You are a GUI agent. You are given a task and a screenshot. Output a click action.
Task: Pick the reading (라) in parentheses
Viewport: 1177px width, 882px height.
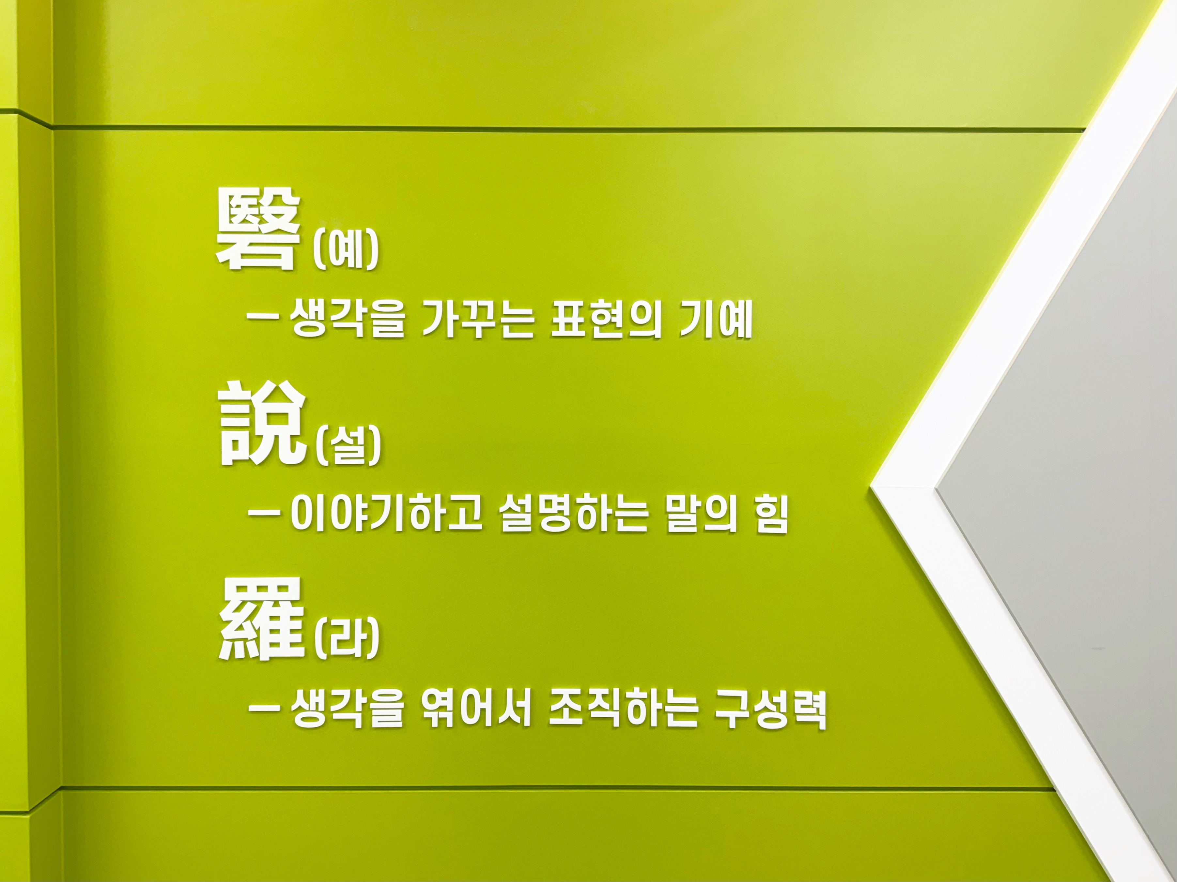click(347, 638)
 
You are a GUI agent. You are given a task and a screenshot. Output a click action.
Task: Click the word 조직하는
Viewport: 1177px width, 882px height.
click(623, 708)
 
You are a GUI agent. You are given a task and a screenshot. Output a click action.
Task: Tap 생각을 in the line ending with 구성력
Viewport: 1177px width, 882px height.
click(348, 708)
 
